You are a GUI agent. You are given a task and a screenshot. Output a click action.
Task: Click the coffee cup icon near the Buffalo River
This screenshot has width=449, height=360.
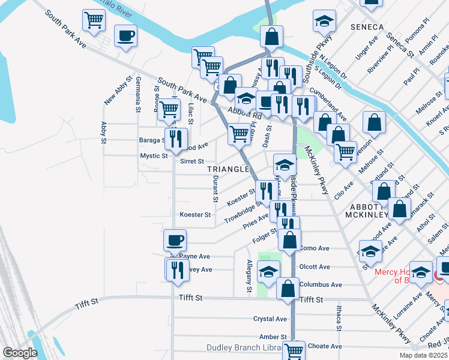coord(125,36)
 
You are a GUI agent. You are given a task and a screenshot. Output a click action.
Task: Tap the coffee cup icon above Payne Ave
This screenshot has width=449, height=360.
coord(175,240)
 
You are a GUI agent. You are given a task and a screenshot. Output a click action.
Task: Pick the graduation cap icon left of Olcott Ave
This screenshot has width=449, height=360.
coord(269,271)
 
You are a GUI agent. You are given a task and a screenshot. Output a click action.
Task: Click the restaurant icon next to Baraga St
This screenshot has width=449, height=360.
coord(176,139)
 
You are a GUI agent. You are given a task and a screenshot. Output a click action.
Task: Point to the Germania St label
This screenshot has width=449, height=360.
coord(138,95)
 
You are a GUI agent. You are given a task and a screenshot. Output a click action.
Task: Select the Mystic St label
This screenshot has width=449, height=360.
coord(154,156)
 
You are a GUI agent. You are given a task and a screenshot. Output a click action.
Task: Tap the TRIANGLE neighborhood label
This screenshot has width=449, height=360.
coord(228,169)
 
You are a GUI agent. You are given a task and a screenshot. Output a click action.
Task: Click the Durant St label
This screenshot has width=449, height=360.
coord(214,189)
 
